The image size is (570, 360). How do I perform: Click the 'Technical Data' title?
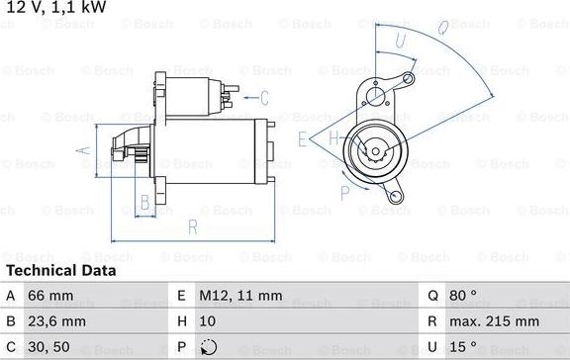point(61,270)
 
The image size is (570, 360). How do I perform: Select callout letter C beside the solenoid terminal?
point(264,97)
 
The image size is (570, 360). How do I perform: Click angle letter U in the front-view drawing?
point(400,41)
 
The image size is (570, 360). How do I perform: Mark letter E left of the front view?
point(303,139)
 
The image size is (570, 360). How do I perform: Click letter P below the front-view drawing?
point(343,191)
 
